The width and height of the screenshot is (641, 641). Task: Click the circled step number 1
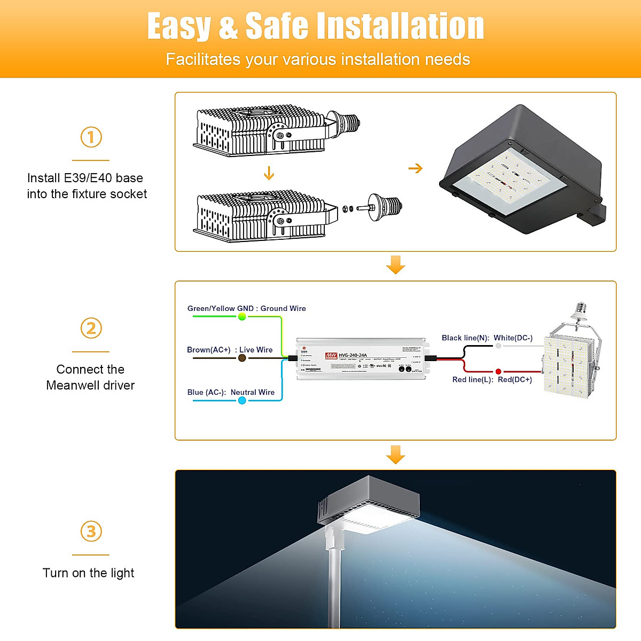(x=91, y=137)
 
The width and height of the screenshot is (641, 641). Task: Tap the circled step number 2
(x=91, y=328)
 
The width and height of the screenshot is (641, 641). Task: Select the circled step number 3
(x=91, y=531)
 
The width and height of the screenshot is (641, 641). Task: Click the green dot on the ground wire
(x=242, y=317)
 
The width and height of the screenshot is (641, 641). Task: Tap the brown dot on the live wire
(x=242, y=358)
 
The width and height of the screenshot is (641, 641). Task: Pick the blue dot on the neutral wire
(x=242, y=401)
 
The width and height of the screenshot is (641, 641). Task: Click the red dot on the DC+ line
(x=498, y=371)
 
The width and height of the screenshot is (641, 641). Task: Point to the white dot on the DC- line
(x=498, y=346)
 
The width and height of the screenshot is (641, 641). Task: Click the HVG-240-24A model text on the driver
(x=353, y=355)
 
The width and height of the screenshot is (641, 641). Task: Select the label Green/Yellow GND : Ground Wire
(x=246, y=308)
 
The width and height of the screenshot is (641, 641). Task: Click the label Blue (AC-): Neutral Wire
(x=231, y=392)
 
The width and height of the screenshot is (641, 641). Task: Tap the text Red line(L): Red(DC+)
(x=492, y=380)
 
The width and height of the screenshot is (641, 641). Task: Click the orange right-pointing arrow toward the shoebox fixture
(x=415, y=169)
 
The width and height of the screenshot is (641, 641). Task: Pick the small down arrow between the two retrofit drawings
(x=269, y=173)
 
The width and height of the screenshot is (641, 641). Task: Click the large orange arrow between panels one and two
(x=395, y=264)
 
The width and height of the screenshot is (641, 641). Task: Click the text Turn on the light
(x=88, y=573)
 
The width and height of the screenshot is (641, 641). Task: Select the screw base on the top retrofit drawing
(x=345, y=122)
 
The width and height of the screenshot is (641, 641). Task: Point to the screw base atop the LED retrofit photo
(x=581, y=312)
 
